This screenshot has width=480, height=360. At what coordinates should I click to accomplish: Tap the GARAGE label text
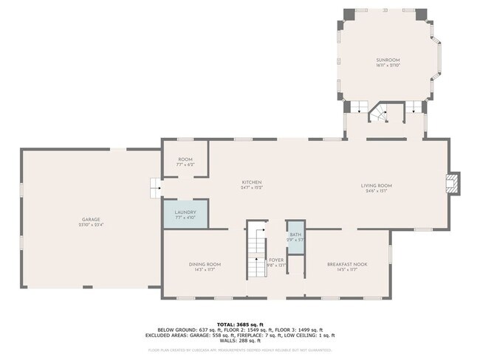pyautogui.click(x=91, y=219)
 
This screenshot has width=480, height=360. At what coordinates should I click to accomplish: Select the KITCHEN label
pyautogui.click(x=253, y=182)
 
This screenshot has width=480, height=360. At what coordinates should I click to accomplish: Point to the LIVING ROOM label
pyautogui.click(x=376, y=185)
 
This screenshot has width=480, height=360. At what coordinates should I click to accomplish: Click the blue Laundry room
pyautogui.click(x=185, y=215)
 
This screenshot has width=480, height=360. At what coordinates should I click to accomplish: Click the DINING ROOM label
pyautogui.click(x=204, y=264)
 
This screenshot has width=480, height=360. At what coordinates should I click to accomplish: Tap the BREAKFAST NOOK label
pyautogui.click(x=347, y=264)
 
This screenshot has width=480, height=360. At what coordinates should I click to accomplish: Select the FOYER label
pyautogui.click(x=276, y=260)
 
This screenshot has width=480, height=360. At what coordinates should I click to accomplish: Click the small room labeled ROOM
pyautogui.click(x=185, y=160)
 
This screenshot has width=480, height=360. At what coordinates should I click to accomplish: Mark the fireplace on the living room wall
pyautogui.click(x=453, y=182)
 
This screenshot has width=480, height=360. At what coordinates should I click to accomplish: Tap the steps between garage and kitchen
pyautogui.click(x=155, y=189)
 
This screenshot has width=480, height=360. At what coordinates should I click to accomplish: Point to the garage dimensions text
pyautogui.click(x=91, y=225)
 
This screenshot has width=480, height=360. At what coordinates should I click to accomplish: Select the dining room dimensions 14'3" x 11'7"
pyautogui.click(x=204, y=270)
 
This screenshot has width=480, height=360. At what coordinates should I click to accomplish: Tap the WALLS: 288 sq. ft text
pyautogui.click(x=239, y=340)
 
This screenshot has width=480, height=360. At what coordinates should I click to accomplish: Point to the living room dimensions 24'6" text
pyautogui.click(x=376, y=191)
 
